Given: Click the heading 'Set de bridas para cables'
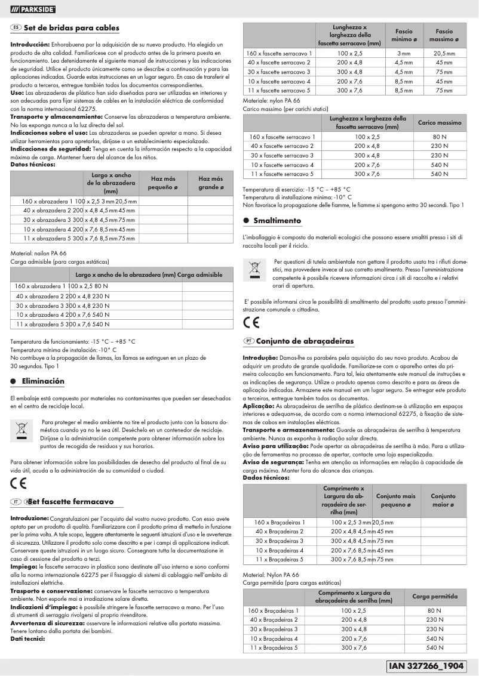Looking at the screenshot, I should [71, 28].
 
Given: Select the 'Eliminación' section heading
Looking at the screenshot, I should [43, 381].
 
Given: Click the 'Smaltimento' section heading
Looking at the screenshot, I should [277, 220].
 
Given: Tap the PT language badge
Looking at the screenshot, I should [248, 341].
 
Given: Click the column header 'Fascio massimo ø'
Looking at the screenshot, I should [444, 35].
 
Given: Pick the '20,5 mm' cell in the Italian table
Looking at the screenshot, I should [444, 54].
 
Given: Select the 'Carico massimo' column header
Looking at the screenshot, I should [439, 122].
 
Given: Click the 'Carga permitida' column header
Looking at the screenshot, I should [435, 596].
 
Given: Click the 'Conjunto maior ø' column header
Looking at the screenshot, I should [443, 500].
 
